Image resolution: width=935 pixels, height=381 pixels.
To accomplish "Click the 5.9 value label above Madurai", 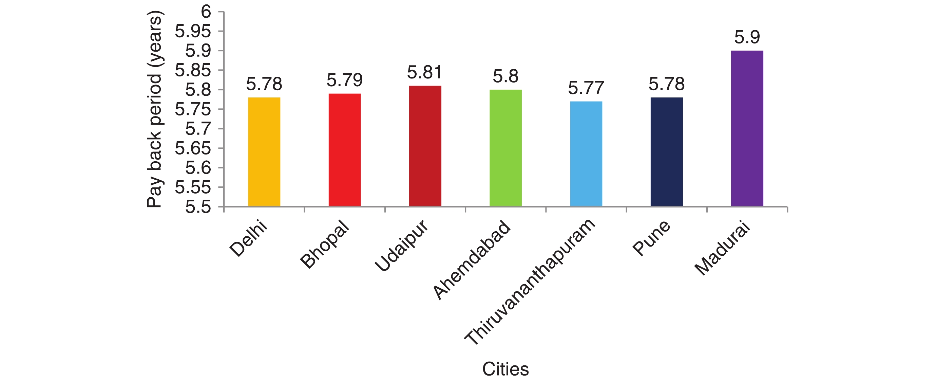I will coord(747,37).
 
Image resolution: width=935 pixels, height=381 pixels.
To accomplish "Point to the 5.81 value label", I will coord(425,72).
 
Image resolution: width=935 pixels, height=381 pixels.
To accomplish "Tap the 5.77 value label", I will coord(586,88).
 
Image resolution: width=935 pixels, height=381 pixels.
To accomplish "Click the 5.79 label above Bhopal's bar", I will coord(344,80).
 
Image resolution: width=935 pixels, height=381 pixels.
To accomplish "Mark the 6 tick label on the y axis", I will coord(206,12).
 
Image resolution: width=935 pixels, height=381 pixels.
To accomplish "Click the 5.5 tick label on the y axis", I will coord(198,207).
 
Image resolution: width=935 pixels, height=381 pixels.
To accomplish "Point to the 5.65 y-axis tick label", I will coord(193,148).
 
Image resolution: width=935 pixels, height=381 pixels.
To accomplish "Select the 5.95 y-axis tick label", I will coord(193,32).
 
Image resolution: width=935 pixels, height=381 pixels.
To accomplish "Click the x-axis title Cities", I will coord(505,369).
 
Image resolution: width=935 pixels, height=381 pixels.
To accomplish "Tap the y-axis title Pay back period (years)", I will coord(154,109).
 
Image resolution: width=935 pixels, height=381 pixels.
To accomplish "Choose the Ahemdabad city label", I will coord(472,260).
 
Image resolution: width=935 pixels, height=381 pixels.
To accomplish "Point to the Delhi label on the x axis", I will coord(249,238).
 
